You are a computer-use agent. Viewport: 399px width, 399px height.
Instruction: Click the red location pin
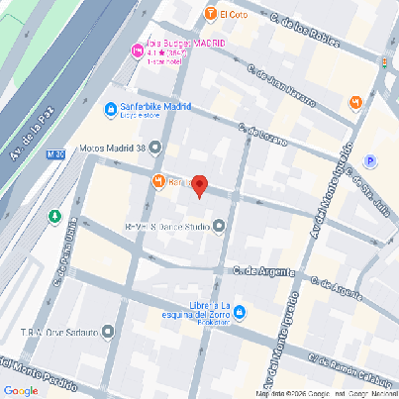point(199,185)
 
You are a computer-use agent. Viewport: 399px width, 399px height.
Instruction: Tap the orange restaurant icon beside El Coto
point(210,14)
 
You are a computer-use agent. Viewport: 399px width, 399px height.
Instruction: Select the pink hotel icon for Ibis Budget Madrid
point(137,50)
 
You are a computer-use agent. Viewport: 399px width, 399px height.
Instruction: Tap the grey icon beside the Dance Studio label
point(220,227)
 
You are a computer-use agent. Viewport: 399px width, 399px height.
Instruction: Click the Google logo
point(21,390)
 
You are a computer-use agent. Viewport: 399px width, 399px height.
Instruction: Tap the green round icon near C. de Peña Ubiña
point(55,216)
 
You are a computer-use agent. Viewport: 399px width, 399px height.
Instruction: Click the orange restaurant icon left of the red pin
point(158,180)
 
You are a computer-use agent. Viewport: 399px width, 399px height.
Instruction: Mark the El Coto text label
point(235,14)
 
